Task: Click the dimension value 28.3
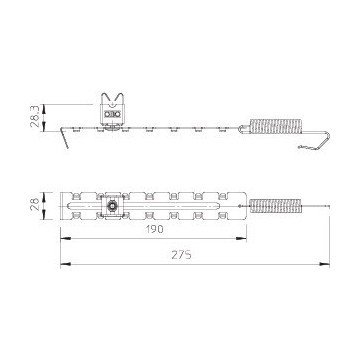pyautogui.click(x=35, y=116)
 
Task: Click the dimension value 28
pyautogui.click(x=35, y=205)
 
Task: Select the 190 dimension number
pyautogui.click(x=153, y=229)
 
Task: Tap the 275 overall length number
pyautogui.click(x=182, y=255)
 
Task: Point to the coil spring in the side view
pyautogui.click(x=276, y=126)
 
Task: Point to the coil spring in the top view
pyautogui.click(x=276, y=206)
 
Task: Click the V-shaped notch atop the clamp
pyautogui.click(x=112, y=99)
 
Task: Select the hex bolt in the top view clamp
pyautogui.click(x=112, y=207)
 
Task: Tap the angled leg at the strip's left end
pyautogui.click(x=65, y=137)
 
